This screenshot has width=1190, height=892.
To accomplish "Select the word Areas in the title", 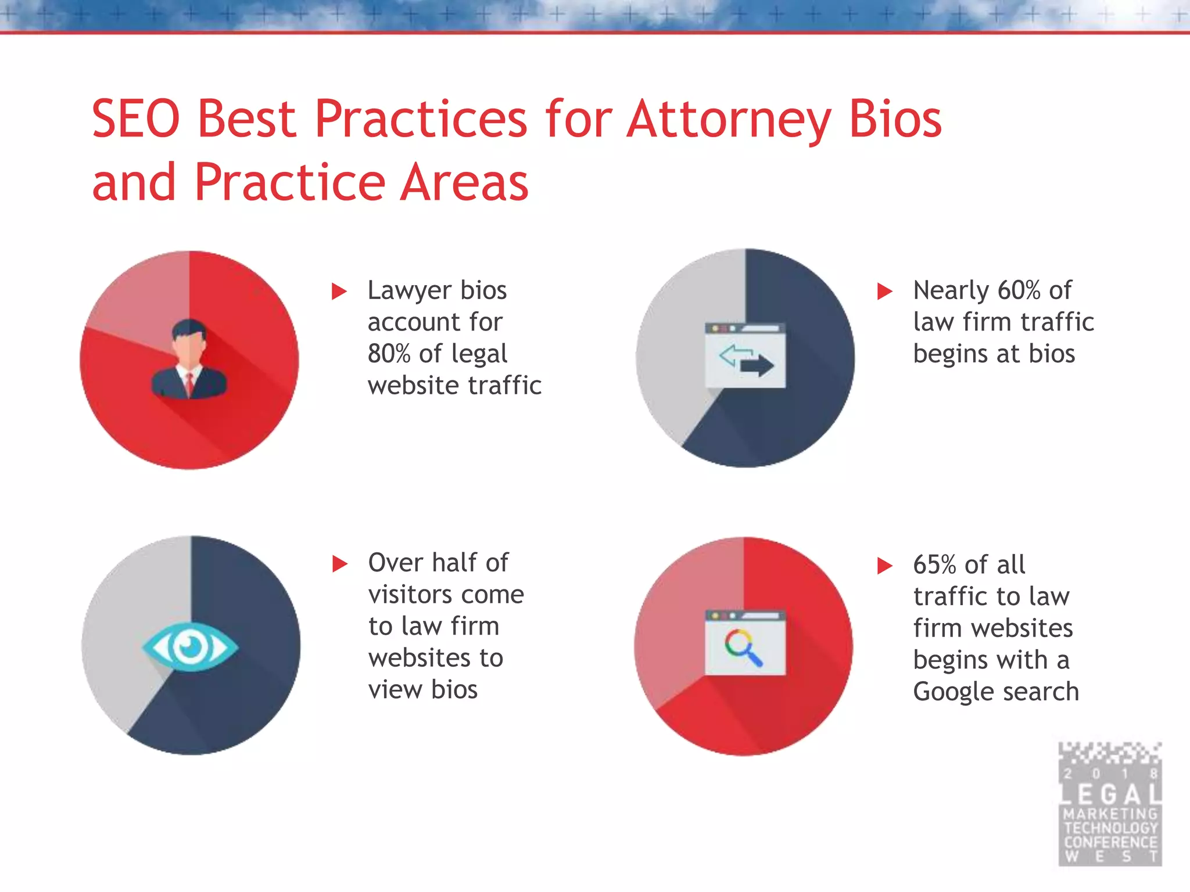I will [x=465, y=182].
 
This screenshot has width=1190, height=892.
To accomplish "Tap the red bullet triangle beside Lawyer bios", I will [x=339, y=291].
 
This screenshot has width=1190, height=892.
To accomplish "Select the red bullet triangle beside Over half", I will [x=339, y=563].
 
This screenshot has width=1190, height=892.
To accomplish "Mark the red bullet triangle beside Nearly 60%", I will [x=884, y=291].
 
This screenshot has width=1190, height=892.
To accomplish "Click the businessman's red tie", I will [x=189, y=384].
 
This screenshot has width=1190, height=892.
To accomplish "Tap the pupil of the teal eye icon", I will [x=190, y=646].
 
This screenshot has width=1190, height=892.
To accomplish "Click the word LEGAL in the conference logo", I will [x=1110, y=794].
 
